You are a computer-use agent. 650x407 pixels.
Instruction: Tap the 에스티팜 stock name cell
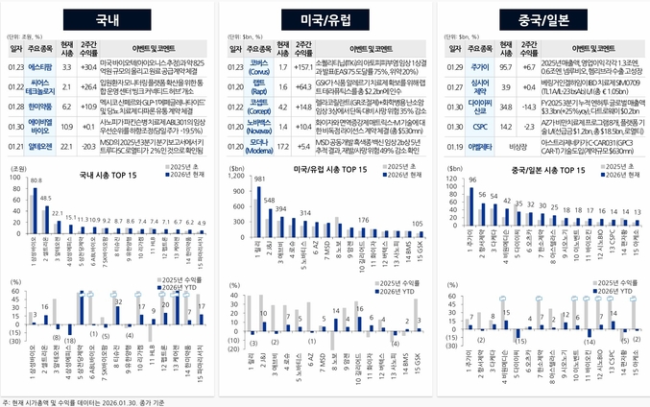click(39, 67)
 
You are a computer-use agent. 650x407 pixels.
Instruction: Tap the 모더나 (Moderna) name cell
click(256, 145)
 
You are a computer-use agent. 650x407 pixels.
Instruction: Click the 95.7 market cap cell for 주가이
click(505, 67)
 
